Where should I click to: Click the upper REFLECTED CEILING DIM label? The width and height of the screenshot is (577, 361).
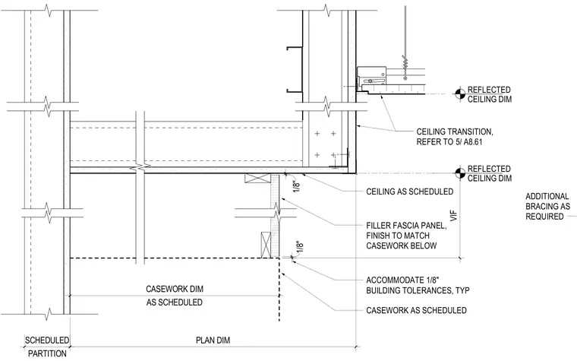[x=490, y=94]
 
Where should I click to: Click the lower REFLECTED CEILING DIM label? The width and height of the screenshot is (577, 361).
[x=490, y=173]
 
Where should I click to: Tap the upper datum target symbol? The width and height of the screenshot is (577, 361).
[x=459, y=94]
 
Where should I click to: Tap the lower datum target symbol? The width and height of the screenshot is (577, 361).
[x=459, y=173]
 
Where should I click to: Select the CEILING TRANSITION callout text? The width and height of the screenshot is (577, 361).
[x=455, y=137]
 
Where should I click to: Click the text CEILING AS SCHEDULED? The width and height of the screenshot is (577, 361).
[x=409, y=192]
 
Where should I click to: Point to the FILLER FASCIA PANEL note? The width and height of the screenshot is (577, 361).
[x=406, y=236]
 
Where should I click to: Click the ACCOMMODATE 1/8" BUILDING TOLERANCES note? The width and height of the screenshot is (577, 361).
[x=418, y=285]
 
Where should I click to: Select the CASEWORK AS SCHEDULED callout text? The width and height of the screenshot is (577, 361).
[x=416, y=310]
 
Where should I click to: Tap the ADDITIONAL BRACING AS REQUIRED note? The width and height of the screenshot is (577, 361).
[x=547, y=206]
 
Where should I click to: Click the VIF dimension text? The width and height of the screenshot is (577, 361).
[x=454, y=216]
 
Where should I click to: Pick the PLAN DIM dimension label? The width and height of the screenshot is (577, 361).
[x=213, y=340]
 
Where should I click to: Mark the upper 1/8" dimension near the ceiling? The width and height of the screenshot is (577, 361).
[x=297, y=185]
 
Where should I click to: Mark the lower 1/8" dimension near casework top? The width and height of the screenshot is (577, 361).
[x=299, y=247]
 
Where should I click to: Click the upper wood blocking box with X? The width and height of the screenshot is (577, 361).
[x=256, y=178]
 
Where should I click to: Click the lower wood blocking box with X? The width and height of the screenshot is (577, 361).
[x=266, y=245]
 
